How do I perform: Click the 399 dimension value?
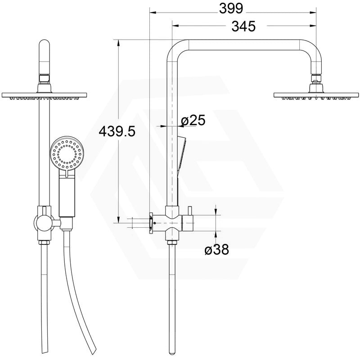point(231,9)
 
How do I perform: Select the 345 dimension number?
point(243,26)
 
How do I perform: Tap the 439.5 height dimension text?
point(117,131)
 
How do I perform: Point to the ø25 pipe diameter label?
point(193,120)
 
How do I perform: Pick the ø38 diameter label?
point(217,249)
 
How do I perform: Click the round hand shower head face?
point(67,153)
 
